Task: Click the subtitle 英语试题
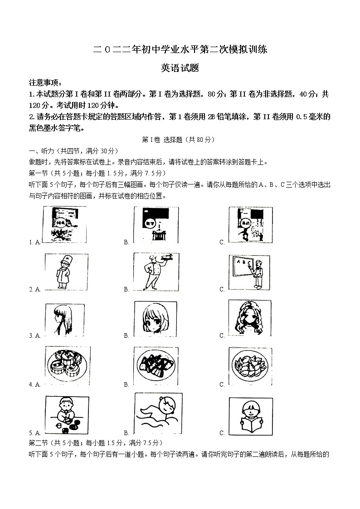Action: coord(180,68)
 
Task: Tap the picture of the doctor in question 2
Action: coord(67,272)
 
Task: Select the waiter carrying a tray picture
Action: coord(156,271)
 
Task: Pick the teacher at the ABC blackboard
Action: coord(249,272)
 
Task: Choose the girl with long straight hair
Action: coord(65,319)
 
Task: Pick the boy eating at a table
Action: coord(67,415)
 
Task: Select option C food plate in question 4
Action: coord(249,367)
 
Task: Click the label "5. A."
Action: coord(35,433)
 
